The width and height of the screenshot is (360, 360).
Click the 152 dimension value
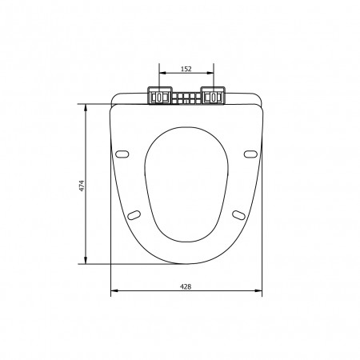click(x=186, y=69)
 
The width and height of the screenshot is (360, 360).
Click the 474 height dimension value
click(x=82, y=186)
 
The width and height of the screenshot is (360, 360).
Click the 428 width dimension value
click(x=186, y=286)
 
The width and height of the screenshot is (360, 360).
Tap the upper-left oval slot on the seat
click(x=122, y=154)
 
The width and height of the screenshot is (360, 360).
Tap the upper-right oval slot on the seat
click(x=250, y=154)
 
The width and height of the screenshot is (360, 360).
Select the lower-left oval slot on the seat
click(x=134, y=215)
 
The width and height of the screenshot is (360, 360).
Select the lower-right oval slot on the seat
click(x=238, y=215)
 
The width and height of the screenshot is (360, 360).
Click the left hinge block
click(x=159, y=95)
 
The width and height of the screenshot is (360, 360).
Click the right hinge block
click(x=213, y=95)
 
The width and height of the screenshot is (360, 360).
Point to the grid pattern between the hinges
click(x=186, y=98)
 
